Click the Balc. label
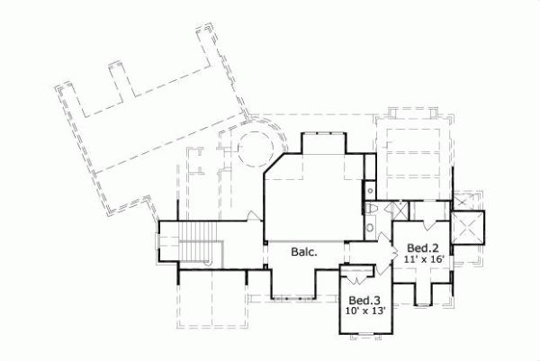(x=303, y=253)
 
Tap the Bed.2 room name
(x=421, y=248)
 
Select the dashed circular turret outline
(x=253, y=144)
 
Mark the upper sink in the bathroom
(x=370, y=190)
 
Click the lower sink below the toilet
(x=371, y=229)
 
